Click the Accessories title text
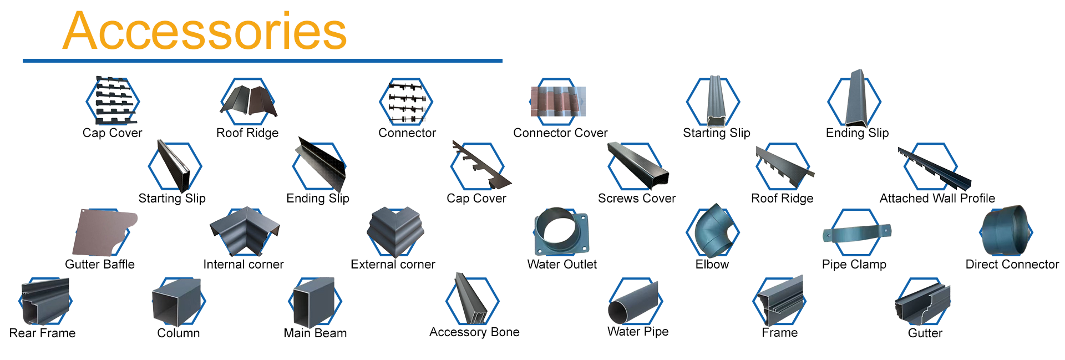[205, 32]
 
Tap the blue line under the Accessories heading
[262, 60]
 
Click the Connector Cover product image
[558, 102]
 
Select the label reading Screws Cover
[636, 199]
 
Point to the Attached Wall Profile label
[937, 199]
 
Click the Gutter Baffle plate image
[103, 232]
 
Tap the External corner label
[393, 265]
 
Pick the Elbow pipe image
[714, 231]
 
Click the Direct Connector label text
[1012, 265]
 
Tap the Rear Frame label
[42, 333]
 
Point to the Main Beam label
[315, 333]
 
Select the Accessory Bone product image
[470, 300]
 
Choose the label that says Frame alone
[779, 333]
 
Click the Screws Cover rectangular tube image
[638, 166]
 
